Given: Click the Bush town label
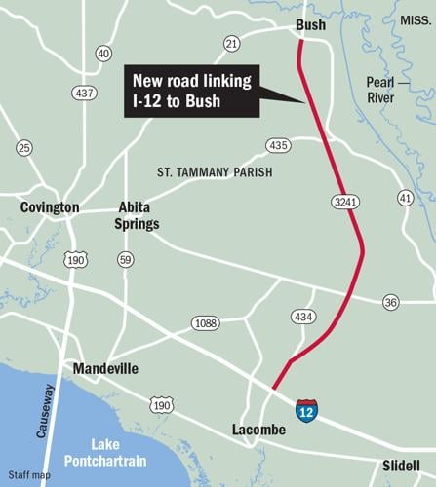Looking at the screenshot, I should point(310,24).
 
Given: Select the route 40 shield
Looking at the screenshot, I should point(103,54).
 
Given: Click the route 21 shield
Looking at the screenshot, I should point(231,43).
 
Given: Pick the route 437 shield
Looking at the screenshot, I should point(83,93).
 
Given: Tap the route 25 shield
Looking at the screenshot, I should point(24,147).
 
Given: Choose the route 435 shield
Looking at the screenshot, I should point(279,145).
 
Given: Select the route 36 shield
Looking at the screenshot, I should point(390,302).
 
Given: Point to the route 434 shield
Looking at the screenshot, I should point(304,316).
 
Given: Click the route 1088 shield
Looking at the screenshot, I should point(206,322).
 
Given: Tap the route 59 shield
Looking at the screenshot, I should point(125,260).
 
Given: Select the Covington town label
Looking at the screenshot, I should point(50,207).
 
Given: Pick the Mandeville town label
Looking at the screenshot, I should point(105,369).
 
